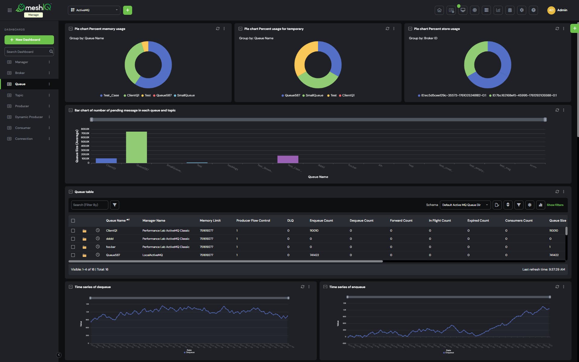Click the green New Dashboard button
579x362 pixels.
tap(29, 40)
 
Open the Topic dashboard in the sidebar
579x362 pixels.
tap(19, 95)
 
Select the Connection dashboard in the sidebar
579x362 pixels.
tap(24, 139)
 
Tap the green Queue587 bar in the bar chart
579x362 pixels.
tap(136, 147)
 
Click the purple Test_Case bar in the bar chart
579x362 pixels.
tap(288, 159)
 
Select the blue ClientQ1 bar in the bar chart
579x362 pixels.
tap(106, 161)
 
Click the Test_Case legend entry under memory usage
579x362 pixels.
tap(111, 95)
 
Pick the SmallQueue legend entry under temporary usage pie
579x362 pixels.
tap(314, 95)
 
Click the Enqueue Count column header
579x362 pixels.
tap(321, 220)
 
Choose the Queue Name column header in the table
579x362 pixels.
tap(116, 220)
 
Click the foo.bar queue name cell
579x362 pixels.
tap(111, 247)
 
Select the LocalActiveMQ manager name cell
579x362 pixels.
tap(152, 255)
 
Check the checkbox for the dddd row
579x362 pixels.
tap(73, 239)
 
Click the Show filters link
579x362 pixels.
tap(555, 205)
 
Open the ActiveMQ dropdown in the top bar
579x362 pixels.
tap(94, 10)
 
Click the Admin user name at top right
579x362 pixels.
tap(562, 10)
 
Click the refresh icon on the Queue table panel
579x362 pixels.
tap(557, 191)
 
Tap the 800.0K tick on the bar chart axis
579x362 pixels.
tap(85, 129)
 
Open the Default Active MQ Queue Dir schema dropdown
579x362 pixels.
tap(465, 205)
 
